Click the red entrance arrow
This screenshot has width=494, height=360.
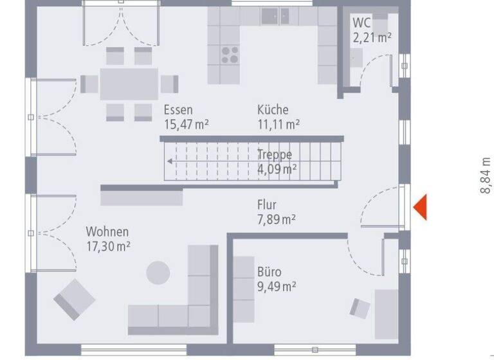coord(420,207)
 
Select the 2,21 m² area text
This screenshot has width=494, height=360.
coord(371,37)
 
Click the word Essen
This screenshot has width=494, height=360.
coord(178,110)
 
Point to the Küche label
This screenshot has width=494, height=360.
coord(273,110)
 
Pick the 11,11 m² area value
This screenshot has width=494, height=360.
coord(278,124)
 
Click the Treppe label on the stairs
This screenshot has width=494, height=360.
coord(275,155)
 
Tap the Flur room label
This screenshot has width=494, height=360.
coord(266,205)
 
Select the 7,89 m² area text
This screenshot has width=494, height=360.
coord(276,219)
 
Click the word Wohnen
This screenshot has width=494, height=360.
coord(107,231)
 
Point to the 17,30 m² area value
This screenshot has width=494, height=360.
coord(109,246)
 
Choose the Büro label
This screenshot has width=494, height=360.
coord(269,272)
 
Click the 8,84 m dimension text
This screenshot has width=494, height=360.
coord(486,176)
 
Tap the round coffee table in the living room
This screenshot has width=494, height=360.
coord(158,272)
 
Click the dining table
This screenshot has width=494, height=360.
coord(129,84)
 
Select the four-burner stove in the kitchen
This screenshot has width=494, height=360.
coord(230,55)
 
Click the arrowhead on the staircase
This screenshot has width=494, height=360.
coord(169,161)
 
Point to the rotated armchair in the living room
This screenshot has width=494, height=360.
coord(73,300)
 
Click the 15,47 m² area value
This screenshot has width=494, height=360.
coord(186,124)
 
